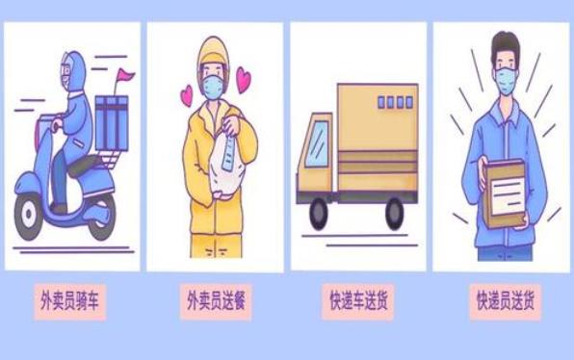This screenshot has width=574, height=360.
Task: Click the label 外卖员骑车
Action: [x=69, y=301]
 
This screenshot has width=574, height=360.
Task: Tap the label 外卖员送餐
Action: [x=216, y=301]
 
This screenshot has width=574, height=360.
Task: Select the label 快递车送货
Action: [x=358, y=301]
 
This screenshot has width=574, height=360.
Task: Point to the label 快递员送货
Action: [x=506, y=301]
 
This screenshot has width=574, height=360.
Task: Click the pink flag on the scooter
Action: [x=125, y=75]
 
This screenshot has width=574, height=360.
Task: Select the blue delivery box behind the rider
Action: [x=112, y=123]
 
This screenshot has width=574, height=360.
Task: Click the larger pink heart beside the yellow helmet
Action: [x=243, y=79]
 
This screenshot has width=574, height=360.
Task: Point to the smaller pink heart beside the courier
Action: [x=187, y=96]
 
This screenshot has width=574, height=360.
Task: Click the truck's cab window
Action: [x=317, y=143]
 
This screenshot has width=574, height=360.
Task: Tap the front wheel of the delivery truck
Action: [x=319, y=214]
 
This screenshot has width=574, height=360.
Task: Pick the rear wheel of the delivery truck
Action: [x=395, y=214]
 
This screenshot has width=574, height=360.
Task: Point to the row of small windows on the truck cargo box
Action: [x=395, y=102]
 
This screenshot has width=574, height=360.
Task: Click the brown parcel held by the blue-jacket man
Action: [x=505, y=193]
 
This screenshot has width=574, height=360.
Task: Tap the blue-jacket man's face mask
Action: [x=507, y=81]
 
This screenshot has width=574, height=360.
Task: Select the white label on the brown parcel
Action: [x=507, y=196]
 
